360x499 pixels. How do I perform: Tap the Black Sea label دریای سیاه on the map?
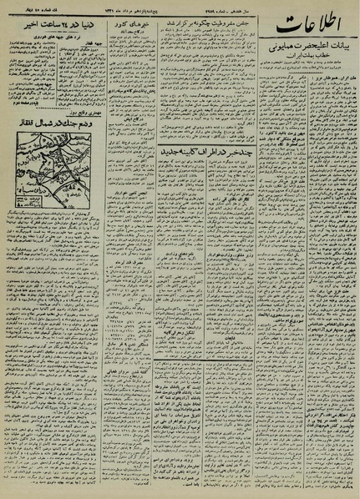click(25, 171)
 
